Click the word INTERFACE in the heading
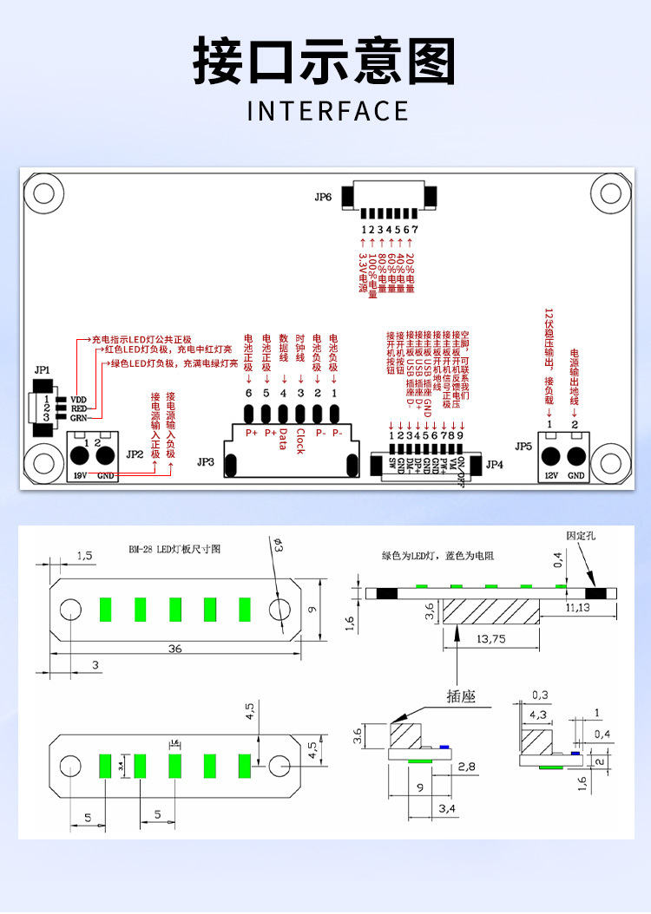327,112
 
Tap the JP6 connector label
323,197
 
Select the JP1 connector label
42,370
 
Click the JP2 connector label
134,454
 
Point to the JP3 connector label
206,462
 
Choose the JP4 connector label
494,464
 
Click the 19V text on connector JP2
80,475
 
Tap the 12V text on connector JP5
549,475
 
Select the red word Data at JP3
283,437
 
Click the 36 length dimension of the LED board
175,649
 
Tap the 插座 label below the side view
461,695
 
